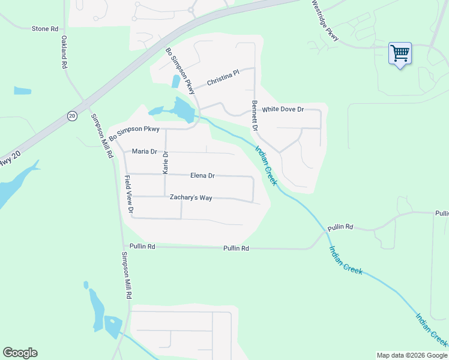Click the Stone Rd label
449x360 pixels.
[x=45, y=28]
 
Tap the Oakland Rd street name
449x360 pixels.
[x=64, y=53]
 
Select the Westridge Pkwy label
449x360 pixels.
[x=325, y=20]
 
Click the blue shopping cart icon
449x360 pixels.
[x=400, y=53]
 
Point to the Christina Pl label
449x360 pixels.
[x=223, y=77]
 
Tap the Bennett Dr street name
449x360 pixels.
[x=255, y=116]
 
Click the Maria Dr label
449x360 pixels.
[x=144, y=152]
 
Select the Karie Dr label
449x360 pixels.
[x=166, y=163]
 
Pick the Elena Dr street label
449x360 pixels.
[x=202, y=176]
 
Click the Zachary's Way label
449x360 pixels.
[x=191, y=197]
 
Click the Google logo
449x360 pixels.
[x=20, y=353]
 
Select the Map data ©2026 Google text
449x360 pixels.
[x=411, y=355]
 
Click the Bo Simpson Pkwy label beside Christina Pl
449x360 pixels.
[x=181, y=70]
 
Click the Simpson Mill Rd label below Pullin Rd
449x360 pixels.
[x=127, y=275]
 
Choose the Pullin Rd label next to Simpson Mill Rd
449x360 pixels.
[x=143, y=247]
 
